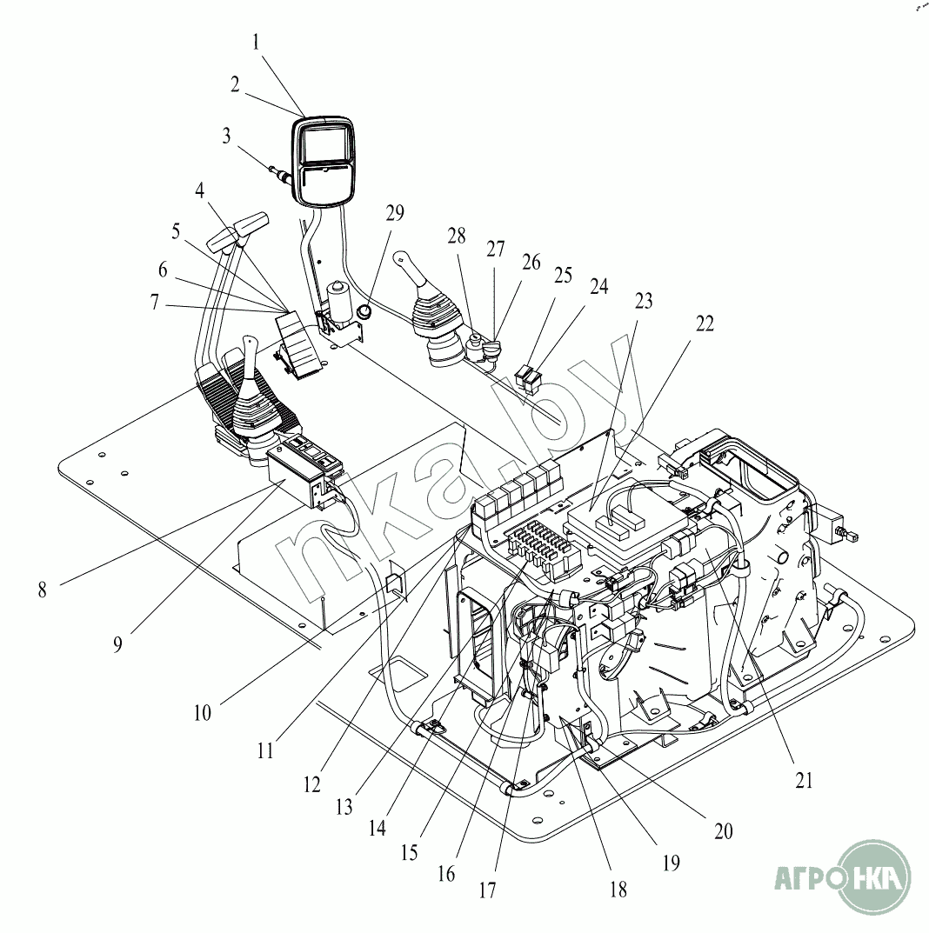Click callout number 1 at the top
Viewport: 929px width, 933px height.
pyautogui.click(x=256, y=43)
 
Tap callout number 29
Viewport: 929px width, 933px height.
pyautogui.click(x=395, y=212)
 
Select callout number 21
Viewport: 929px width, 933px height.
pyautogui.click(x=804, y=780)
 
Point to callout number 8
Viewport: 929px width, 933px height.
pyautogui.click(x=43, y=590)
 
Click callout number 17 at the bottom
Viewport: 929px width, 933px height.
pyautogui.click(x=487, y=890)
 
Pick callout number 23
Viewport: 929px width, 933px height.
pyautogui.click(x=644, y=301)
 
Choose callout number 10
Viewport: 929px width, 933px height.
pyautogui.click(x=203, y=712)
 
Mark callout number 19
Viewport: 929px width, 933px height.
pyautogui.click(x=671, y=863)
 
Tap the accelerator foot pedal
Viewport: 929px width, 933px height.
pyautogui.click(x=297, y=345)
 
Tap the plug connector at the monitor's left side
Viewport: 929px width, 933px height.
pyautogui.click(x=280, y=174)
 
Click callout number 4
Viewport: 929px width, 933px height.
pyautogui.click(x=200, y=190)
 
